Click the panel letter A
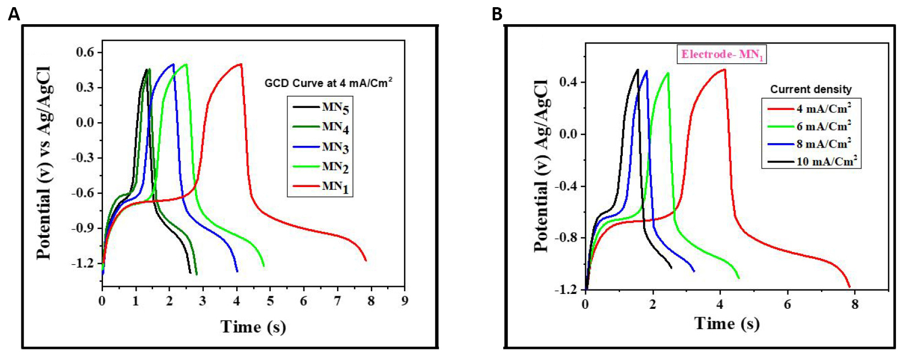click(x=14, y=14)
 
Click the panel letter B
click(x=497, y=14)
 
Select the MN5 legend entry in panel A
click(x=335, y=107)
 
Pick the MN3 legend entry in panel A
click(x=335, y=147)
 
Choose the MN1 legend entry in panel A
click(x=335, y=187)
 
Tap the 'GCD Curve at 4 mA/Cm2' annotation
click(x=328, y=83)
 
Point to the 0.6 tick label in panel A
click(x=85, y=52)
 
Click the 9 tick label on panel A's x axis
click(x=405, y=301)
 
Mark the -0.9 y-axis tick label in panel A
click(x=83, y=228)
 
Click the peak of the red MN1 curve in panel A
click(x=240, y=64)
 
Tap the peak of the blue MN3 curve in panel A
click(x=173, y=64)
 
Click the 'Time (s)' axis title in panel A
click(x=253, y=326)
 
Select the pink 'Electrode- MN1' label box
click(x=722, y=54)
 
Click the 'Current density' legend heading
click(x=811, y=89)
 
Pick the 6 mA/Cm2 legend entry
click(x=823, y=127)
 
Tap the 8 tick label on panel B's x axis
click(x=855, y=304)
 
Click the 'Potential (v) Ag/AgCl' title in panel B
click(x=542, y=165)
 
